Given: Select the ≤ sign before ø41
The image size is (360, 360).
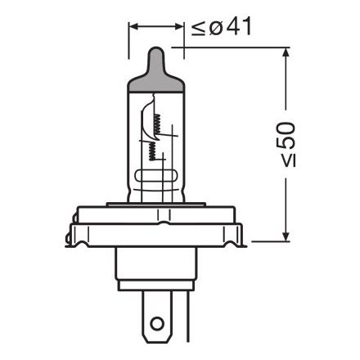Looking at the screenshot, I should (x=196, y=28).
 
